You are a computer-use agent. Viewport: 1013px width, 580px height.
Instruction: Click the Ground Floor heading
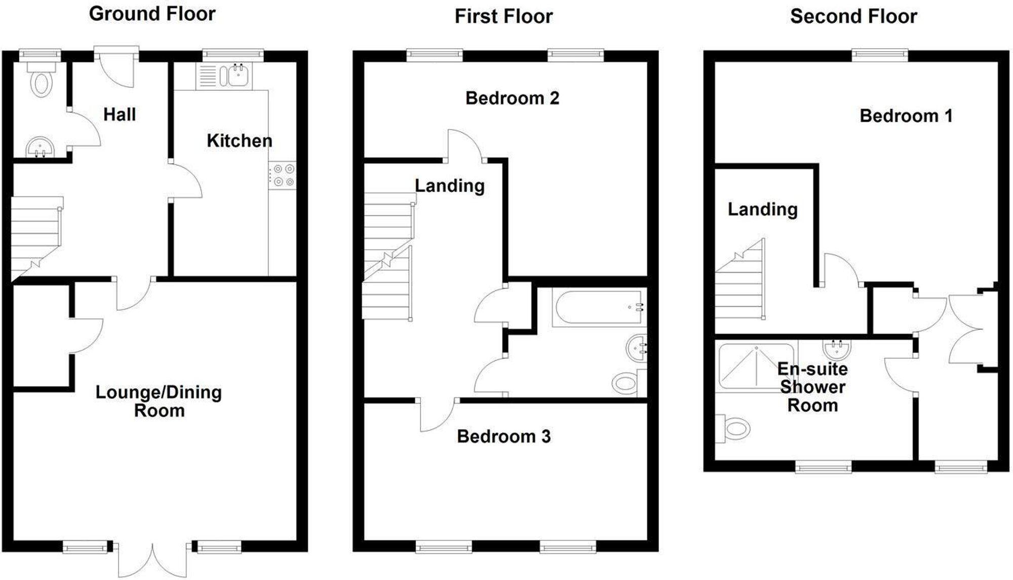pyautogui.click(x=152, y=14)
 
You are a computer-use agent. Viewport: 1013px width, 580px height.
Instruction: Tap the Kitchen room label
pyautogui.click(x=239, y=140)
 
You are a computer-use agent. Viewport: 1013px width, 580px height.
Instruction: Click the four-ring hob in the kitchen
pyautogui.click(x=283, y=175)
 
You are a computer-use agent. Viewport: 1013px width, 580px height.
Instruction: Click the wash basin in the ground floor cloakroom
pyautogui.click(x=40, y=148)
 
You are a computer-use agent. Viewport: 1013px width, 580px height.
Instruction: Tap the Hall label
pyautogui.click(x=120, y=115)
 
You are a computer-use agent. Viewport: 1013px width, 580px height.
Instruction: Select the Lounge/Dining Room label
pyautogui.click(x=159, y=401)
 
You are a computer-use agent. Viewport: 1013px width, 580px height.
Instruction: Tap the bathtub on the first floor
pyautogui.click(x=599, y=307)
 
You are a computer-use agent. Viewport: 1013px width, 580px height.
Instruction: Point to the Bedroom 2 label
pyautogui.click(x=512, y=98)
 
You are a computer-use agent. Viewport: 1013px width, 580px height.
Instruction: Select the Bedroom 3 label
pyautogui.click(x=503, y=436)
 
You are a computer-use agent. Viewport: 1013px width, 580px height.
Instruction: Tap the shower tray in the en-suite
pyautogui.click(x=755, y=366)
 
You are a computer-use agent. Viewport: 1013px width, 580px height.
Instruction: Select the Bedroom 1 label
pyautogui.click(x=906, y=116)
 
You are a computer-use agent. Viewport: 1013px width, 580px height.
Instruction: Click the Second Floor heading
pyautogui.click(x=853, y=16)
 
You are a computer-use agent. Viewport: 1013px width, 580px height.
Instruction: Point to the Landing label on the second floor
pyautogui.click(x=762, y=209)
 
